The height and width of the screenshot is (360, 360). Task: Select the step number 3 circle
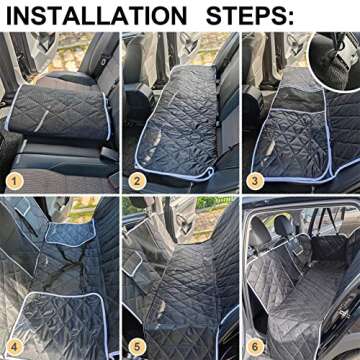pyautogui.click(x=256, y=180)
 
